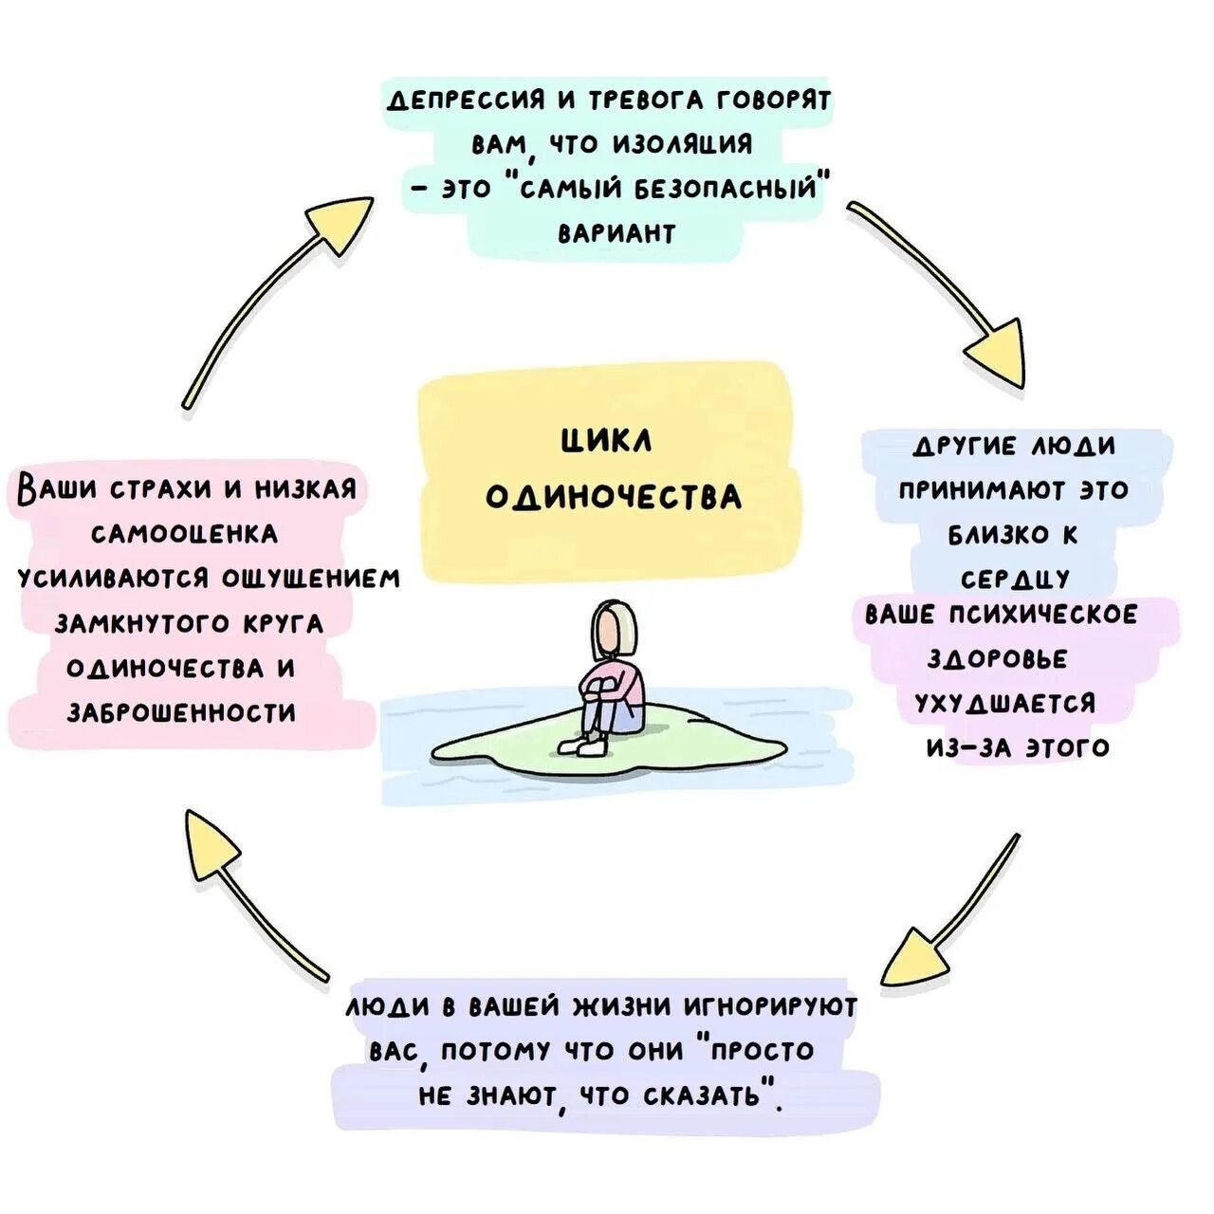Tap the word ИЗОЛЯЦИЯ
683,144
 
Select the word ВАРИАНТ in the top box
616,233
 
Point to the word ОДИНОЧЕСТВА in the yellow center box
613,497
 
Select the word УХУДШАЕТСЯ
1004,703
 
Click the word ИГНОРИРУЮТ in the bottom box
770,1006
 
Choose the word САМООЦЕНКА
185,534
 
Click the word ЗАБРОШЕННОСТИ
181,712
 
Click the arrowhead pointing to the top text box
343,224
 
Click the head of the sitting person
616,629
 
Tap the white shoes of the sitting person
583,746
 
